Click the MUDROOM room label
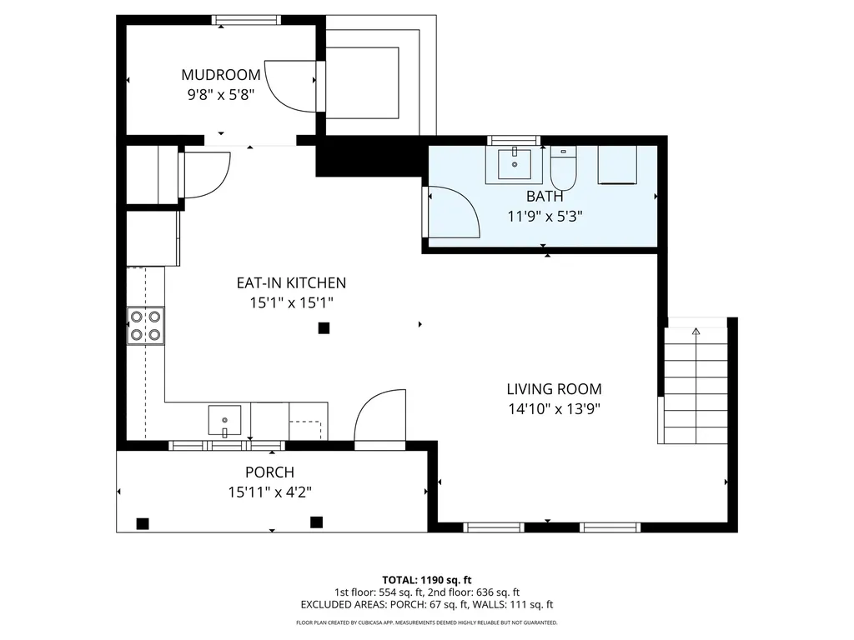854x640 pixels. pyautogui.click(x=221, y=75)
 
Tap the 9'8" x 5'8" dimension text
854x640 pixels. pyautogui.click(x=221, y=94)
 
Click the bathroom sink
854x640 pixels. pyautogui.click(x=514, y=164)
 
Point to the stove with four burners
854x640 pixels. pyautogui.click(x=145, y=326)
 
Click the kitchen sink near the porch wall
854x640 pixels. pyautogui.click(x=224, y=420)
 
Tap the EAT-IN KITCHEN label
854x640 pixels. pyautogui.click(x=291, y=283)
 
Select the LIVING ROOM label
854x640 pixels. pyautogui.click(x=554, y=389)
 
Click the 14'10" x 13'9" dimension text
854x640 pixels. pyautogui.click(x=554, y=408)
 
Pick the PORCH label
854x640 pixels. pyautogui.click(x=269, y=472)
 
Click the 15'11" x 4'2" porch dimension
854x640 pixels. pyautogui.click(x=269, y=492)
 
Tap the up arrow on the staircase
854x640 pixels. pyautogui.click(x=696, y=332)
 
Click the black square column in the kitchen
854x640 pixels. pyautogui.click(x=324, y=328)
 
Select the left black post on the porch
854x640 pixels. pyautogui.click(x=143, y=523)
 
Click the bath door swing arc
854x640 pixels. pyautogui.click(x=455, y=213)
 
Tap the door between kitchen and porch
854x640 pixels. pyautogui.click(x=379, y=417)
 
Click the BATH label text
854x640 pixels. pyautogui.click(x=545, y=197)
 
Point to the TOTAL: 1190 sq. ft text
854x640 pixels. pyautogui.click(x=427, y=580)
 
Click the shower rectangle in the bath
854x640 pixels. pyautogui.click(x=617, y=164)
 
